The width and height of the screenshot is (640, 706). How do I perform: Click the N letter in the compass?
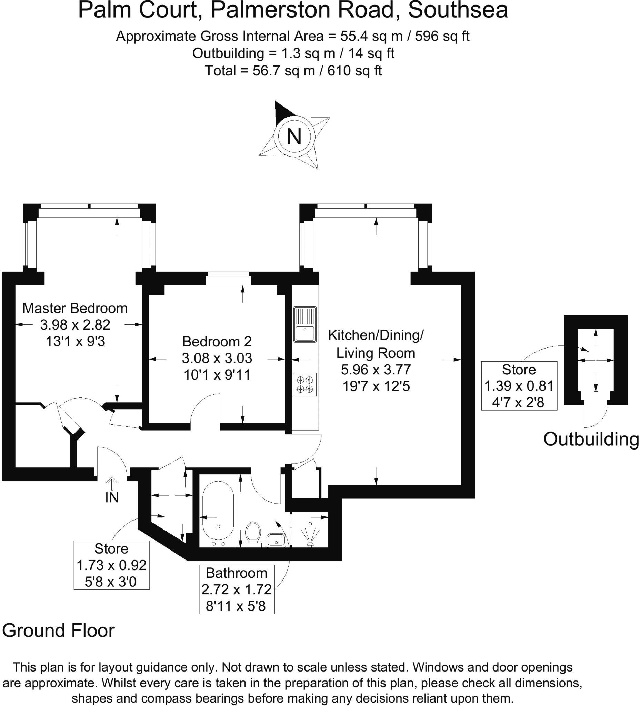point(294,137)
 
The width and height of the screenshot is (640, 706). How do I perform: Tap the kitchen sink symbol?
point(305,324)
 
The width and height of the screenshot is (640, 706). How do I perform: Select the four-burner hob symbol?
point(305,384)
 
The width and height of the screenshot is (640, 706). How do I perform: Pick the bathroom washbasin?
point(277,540)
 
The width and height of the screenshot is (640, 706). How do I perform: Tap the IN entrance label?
point(112,498)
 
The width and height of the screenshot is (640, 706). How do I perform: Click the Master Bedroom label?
point(75,308)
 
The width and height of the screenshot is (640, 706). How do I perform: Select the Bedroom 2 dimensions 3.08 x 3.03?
point(217,358)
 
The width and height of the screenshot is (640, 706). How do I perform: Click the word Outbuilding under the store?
point(591,439)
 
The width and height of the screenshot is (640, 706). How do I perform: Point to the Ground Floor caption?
point(59,631)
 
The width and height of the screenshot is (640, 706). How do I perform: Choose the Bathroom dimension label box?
point(237,589)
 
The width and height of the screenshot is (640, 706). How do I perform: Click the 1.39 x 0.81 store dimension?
point(519,386)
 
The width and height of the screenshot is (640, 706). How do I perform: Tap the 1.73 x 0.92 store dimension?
point(111,565)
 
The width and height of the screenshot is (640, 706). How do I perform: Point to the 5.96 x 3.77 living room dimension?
point(376,370)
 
